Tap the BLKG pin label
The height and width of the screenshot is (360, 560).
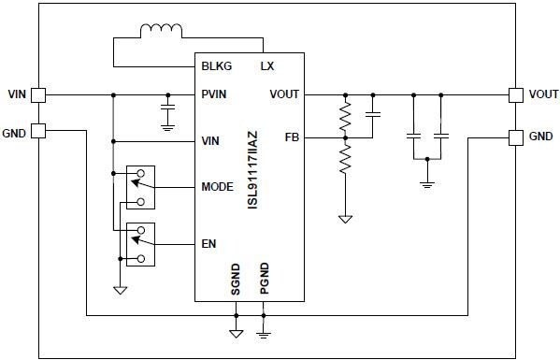click(217, 66)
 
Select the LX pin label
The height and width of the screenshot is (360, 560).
click(266, 66)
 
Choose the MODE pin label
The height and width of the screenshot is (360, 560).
click(217, 187)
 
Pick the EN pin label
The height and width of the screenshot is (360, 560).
click(208, 244)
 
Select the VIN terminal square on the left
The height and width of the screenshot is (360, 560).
click(39, 94)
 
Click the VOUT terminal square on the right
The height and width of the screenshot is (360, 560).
click(515, 94)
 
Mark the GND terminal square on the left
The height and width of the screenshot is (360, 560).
click(39, 131)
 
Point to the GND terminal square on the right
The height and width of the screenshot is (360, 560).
click(515, 137)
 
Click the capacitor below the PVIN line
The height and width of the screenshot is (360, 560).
click(167, 112)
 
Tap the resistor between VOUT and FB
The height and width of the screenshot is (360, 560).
click(345, 116)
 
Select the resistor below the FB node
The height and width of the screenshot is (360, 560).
click(345, 159)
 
